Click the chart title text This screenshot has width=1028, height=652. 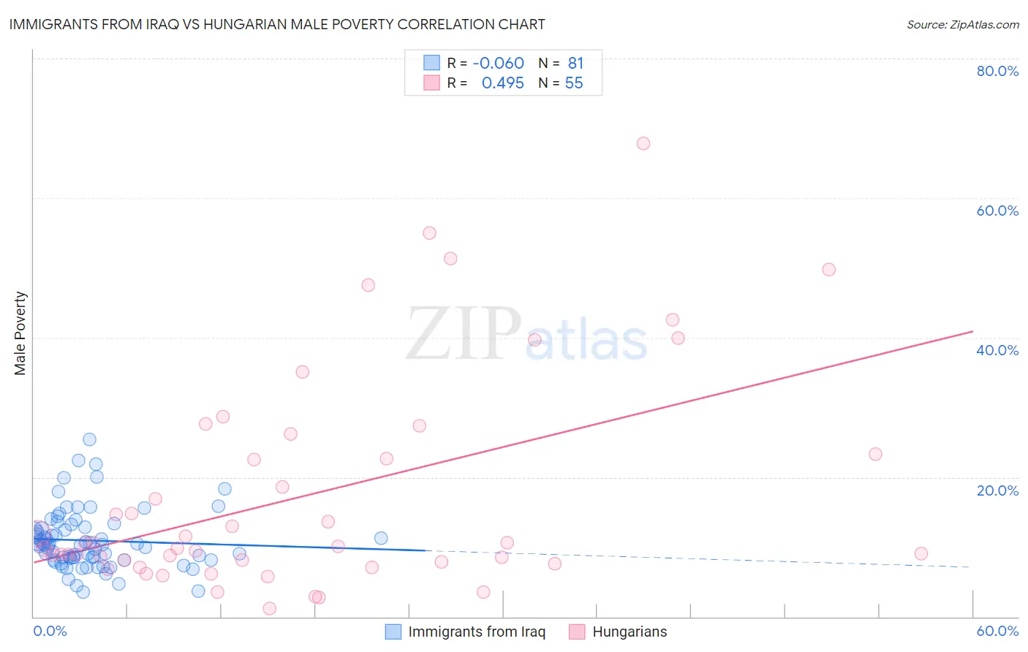pos(277,24)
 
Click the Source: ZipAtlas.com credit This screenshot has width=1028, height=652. pos(962,25)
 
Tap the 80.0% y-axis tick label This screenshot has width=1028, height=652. pos(997,71)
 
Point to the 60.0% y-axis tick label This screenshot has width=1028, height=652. pos(997,211)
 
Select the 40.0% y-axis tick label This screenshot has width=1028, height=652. pos(997,350)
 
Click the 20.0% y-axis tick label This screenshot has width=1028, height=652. pos(997,490)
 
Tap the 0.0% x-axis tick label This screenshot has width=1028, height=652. pos(50,631)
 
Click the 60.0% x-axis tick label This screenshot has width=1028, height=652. pos(997,631)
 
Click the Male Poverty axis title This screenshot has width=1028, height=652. pos(20,333)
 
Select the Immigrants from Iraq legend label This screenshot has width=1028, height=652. pos(477,632)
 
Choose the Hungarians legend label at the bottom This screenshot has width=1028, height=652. pos(630,632)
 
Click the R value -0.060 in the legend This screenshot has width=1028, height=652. pos(499,63)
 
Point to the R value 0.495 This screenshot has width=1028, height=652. pos(503,83)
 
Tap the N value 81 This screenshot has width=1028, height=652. pos(576,63)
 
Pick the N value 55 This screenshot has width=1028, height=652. pos(574,83)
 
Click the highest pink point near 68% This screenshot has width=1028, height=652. pos(643,143)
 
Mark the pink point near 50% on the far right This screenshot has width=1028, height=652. pos(828,270)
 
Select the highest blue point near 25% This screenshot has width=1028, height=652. pos(89,439)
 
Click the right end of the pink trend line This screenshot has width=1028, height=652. pos(972,331)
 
